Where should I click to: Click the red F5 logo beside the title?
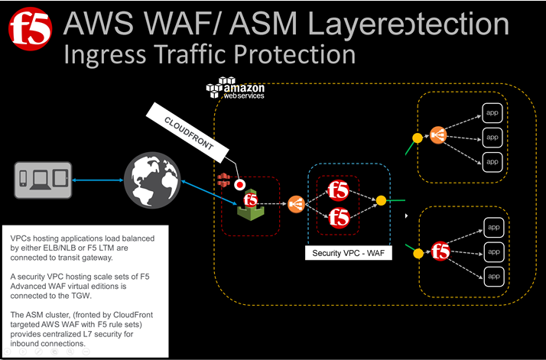pyautogui.click(x=30, y=29)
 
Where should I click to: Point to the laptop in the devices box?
pyautogui.click(x=43, y=179)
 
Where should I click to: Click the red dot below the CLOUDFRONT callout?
pyautogui.click(x=240, y=184)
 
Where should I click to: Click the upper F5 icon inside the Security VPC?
pyautogui.click(x=338, y=190)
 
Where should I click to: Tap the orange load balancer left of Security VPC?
pyautogui.click(x=295, y=203)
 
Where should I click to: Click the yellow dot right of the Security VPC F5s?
pyautogui.click(x=381, y=201)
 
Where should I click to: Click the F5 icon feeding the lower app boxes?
pyautogui.click(x=439, y=251)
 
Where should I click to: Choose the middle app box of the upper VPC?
pyautogui.click(x=492, y=138)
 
